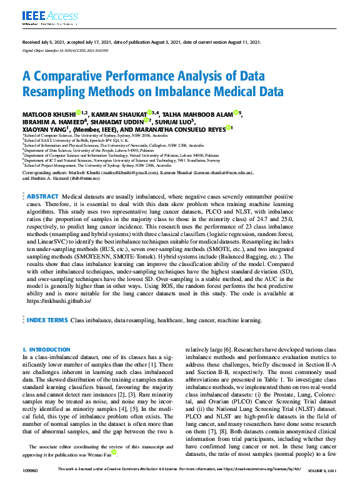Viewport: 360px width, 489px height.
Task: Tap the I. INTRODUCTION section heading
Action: (42, 350)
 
